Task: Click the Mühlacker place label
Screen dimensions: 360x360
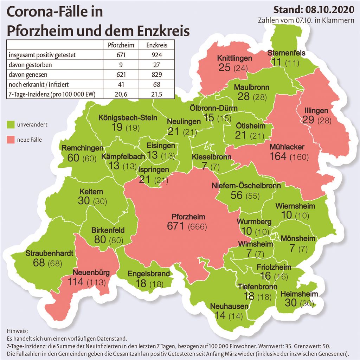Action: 287,147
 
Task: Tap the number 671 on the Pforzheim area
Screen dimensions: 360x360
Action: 175,226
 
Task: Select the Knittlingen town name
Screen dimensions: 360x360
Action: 234,58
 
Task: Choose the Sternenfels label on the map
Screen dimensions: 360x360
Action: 287,53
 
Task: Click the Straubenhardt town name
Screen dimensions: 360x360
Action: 49,253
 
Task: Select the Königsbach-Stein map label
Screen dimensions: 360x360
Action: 128,117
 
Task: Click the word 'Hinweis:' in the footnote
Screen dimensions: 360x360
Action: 17,331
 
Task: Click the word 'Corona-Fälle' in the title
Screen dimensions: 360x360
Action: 55,12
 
